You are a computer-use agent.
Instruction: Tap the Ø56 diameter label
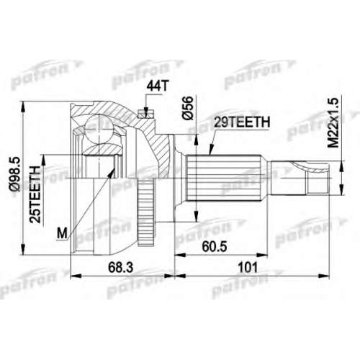coord(188,108)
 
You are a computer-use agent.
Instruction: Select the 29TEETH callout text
coord(242,122)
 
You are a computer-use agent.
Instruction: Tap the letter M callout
coord(63,233)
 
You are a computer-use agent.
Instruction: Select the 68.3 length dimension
coord(120,267)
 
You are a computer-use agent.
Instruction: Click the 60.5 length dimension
coord(214,246)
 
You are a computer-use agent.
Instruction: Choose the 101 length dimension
coord(248,267)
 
